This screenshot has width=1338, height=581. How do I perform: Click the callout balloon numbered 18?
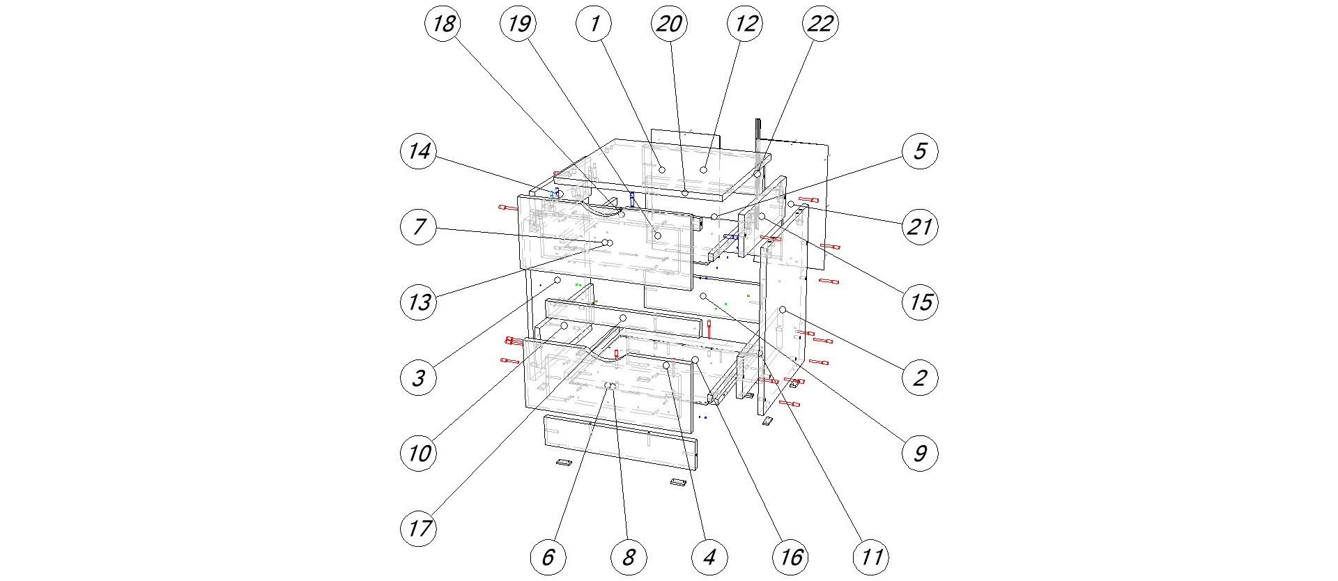point(444,24)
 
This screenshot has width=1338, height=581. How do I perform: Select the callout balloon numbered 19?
point(519,24)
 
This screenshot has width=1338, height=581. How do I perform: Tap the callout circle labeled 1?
point(594,24)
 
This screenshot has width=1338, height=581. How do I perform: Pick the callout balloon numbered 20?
point(670,24)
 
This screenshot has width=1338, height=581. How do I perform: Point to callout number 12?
point(745,24)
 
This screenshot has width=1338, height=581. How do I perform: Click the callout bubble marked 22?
point(820,24)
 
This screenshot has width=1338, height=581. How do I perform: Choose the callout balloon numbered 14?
point(419,151)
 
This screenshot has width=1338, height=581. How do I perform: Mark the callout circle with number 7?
point(419,226)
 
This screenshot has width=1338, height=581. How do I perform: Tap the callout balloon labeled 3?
point(419,378)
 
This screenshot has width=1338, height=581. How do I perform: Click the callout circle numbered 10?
point(419,453)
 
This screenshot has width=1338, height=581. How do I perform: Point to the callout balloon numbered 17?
point(419,528)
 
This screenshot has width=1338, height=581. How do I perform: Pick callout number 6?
point(548,557)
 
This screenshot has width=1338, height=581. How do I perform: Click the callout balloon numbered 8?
point(629,557)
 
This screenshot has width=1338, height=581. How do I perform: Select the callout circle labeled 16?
point(790,557)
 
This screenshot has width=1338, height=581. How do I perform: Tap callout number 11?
point(871,557)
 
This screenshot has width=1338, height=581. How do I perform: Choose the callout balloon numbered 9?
point(920,453)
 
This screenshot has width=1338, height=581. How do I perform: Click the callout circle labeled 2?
point(920,378)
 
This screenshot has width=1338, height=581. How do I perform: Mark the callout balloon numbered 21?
point(920,226)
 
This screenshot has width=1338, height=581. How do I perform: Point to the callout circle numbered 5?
point(920,151)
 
